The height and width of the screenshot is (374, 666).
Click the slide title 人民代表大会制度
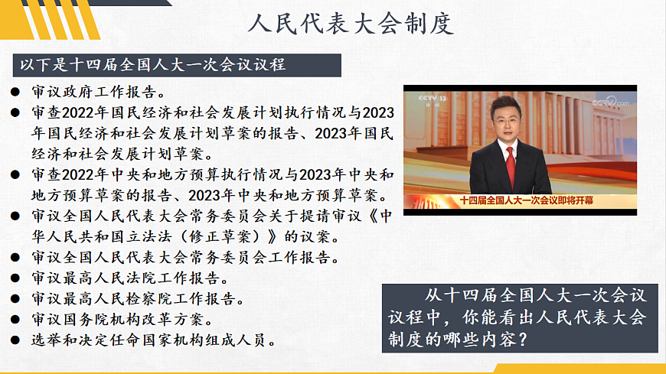click(351, 23)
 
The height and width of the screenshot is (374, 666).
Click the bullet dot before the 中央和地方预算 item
click(15, 176)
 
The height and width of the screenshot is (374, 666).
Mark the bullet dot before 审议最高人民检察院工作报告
click(15, 298)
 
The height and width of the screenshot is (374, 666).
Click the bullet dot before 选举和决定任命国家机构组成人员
click(15, 340)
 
